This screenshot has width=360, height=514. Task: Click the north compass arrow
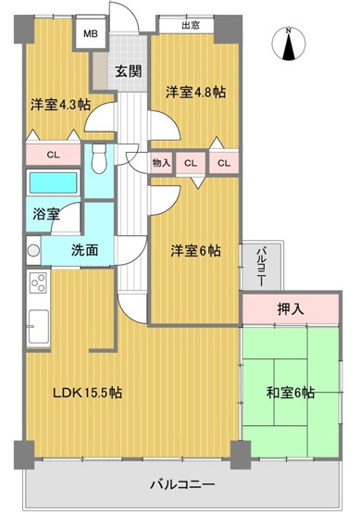[290, 45]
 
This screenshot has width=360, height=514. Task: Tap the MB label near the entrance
[91, 35]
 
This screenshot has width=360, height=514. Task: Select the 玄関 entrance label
[129, 71]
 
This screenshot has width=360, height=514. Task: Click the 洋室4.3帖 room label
[60, 104]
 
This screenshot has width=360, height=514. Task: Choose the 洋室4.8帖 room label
[197, 93]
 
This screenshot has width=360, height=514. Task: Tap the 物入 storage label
[161, 163]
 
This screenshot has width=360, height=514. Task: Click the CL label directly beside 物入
[192, 163]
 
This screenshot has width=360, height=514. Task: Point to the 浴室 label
[47, 213]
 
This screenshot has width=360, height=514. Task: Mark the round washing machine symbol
[33, 249]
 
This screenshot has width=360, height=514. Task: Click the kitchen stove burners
[38, 283]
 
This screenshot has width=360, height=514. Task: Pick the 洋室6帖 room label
[195, 250]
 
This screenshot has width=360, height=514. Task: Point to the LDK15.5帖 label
[87, 393]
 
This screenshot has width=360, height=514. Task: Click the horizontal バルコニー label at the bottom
[184, 484]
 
